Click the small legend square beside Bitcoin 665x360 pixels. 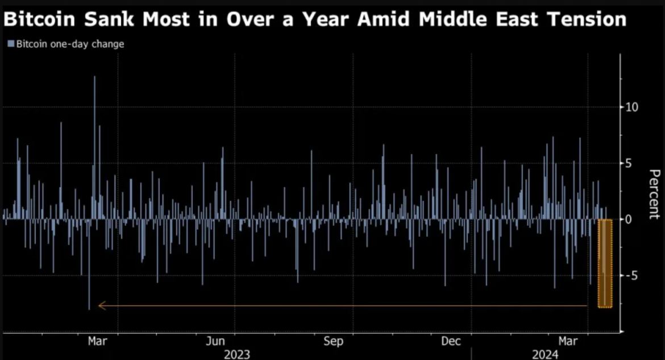pos(10,44)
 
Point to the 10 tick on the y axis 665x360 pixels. pos(632,107)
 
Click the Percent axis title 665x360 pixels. pos(654,194)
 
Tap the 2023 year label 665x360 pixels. pos(237,354)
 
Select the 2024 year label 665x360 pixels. pos(545,354)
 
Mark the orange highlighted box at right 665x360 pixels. pos(605,263)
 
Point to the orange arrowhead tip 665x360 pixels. pos(99,305)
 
